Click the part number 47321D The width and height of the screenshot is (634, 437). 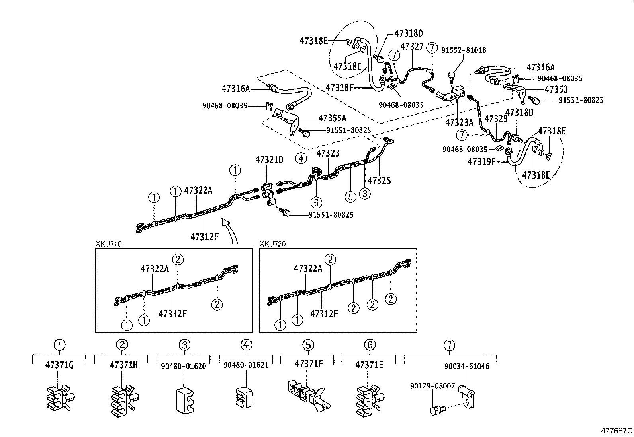pyautogui.click(x=269, y=160)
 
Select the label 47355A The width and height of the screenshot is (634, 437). pyautogui.click(x=332, y=118)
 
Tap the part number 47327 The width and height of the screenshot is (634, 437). pyautogui.click(x=412, y=47)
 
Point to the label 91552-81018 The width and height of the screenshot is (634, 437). pyautogui.click(x=464, y=50)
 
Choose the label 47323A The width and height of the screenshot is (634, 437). pyautogui.click(x=459, y=122)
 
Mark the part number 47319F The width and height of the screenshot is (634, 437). pyautogui.click(x=481, y=161)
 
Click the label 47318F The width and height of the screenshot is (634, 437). pyautogui.click(x=340, y=87)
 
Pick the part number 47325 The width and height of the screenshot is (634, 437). pyautogui.click(x=379, y=181)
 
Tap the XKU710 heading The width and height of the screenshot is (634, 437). pyautogui.click(x=109, y=244)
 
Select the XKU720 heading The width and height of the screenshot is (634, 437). pyautogui.click(x=273, y=244)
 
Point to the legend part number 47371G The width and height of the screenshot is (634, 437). pyautogui.click(x=59, y=365)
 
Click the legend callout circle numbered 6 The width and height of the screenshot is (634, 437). pyautogui.click(x=370, y=345)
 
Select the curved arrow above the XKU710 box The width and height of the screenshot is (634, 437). pyautogui.click(x=230, y=231)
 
